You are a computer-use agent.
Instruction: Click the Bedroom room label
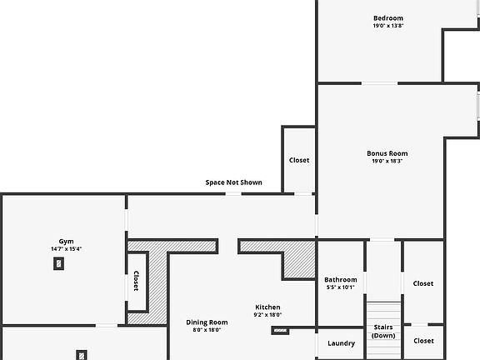(387, 18)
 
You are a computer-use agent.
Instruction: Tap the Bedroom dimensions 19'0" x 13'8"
(387, 26)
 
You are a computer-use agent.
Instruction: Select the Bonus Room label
(387, 153)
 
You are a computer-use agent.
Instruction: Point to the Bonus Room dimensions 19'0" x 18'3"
(387, 161)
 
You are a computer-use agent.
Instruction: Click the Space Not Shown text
(233, 182)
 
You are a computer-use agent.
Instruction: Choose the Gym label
(66, 241)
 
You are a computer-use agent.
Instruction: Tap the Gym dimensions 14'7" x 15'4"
(66, 248)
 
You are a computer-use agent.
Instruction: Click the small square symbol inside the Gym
(58, 263)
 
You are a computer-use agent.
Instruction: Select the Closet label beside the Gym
(135, 282)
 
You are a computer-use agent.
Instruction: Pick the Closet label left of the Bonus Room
(299, 160)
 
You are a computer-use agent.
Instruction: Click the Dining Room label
(207, 322)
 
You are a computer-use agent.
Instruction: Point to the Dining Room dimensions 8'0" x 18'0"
(207, 330)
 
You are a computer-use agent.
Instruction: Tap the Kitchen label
(267, 307)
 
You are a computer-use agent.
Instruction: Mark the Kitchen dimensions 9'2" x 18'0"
(267, 314)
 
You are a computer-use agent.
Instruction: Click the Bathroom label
(340, 280)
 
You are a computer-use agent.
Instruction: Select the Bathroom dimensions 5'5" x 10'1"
(340, 287)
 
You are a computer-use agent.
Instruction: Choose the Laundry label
(341, 343)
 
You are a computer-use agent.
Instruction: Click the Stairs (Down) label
(383, 331)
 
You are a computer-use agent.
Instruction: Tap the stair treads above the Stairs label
(383, 310)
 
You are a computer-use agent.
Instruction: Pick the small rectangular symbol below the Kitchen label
(280, 330)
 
